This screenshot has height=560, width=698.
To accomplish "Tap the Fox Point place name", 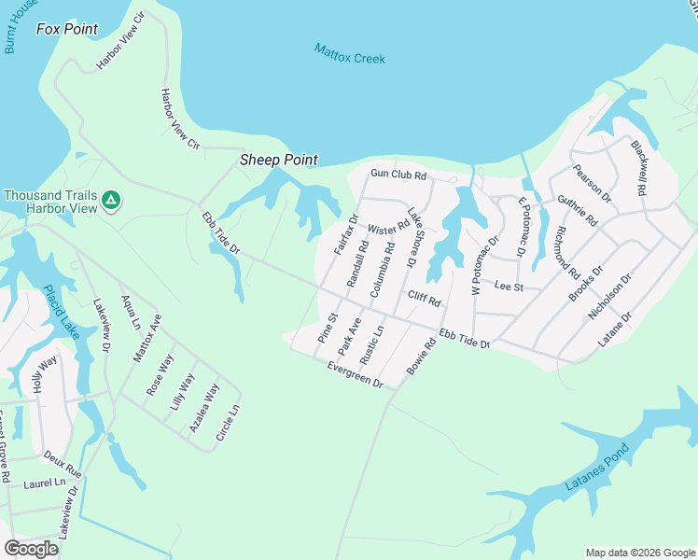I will point(67,29).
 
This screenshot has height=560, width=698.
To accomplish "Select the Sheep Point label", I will point(279,160).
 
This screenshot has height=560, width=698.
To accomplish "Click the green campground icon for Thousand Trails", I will point(110,200).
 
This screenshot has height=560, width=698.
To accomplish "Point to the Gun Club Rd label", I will point(398,175).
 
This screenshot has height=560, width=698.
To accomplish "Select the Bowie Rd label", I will point(422,357).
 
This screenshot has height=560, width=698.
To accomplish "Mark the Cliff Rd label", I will point(424,298).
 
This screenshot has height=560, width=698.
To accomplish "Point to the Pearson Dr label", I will point(593,184).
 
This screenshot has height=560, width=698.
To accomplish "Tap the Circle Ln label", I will point(228,422).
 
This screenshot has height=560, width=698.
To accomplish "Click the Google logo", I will point(31,549).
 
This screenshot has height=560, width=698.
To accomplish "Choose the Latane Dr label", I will point(616,329).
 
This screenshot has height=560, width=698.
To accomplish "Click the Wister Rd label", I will point(388,228).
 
